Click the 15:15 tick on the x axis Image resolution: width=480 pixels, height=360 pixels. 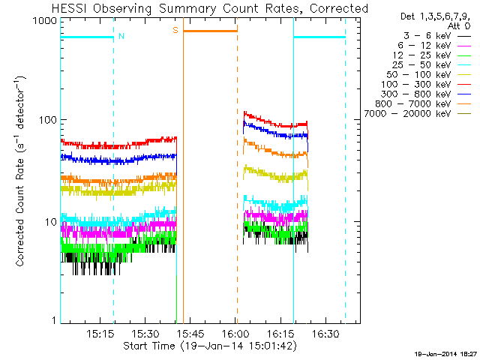pos(100,333)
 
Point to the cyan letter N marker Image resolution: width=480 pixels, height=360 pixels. pos(121,36)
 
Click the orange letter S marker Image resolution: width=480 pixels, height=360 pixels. pos(175,30)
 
